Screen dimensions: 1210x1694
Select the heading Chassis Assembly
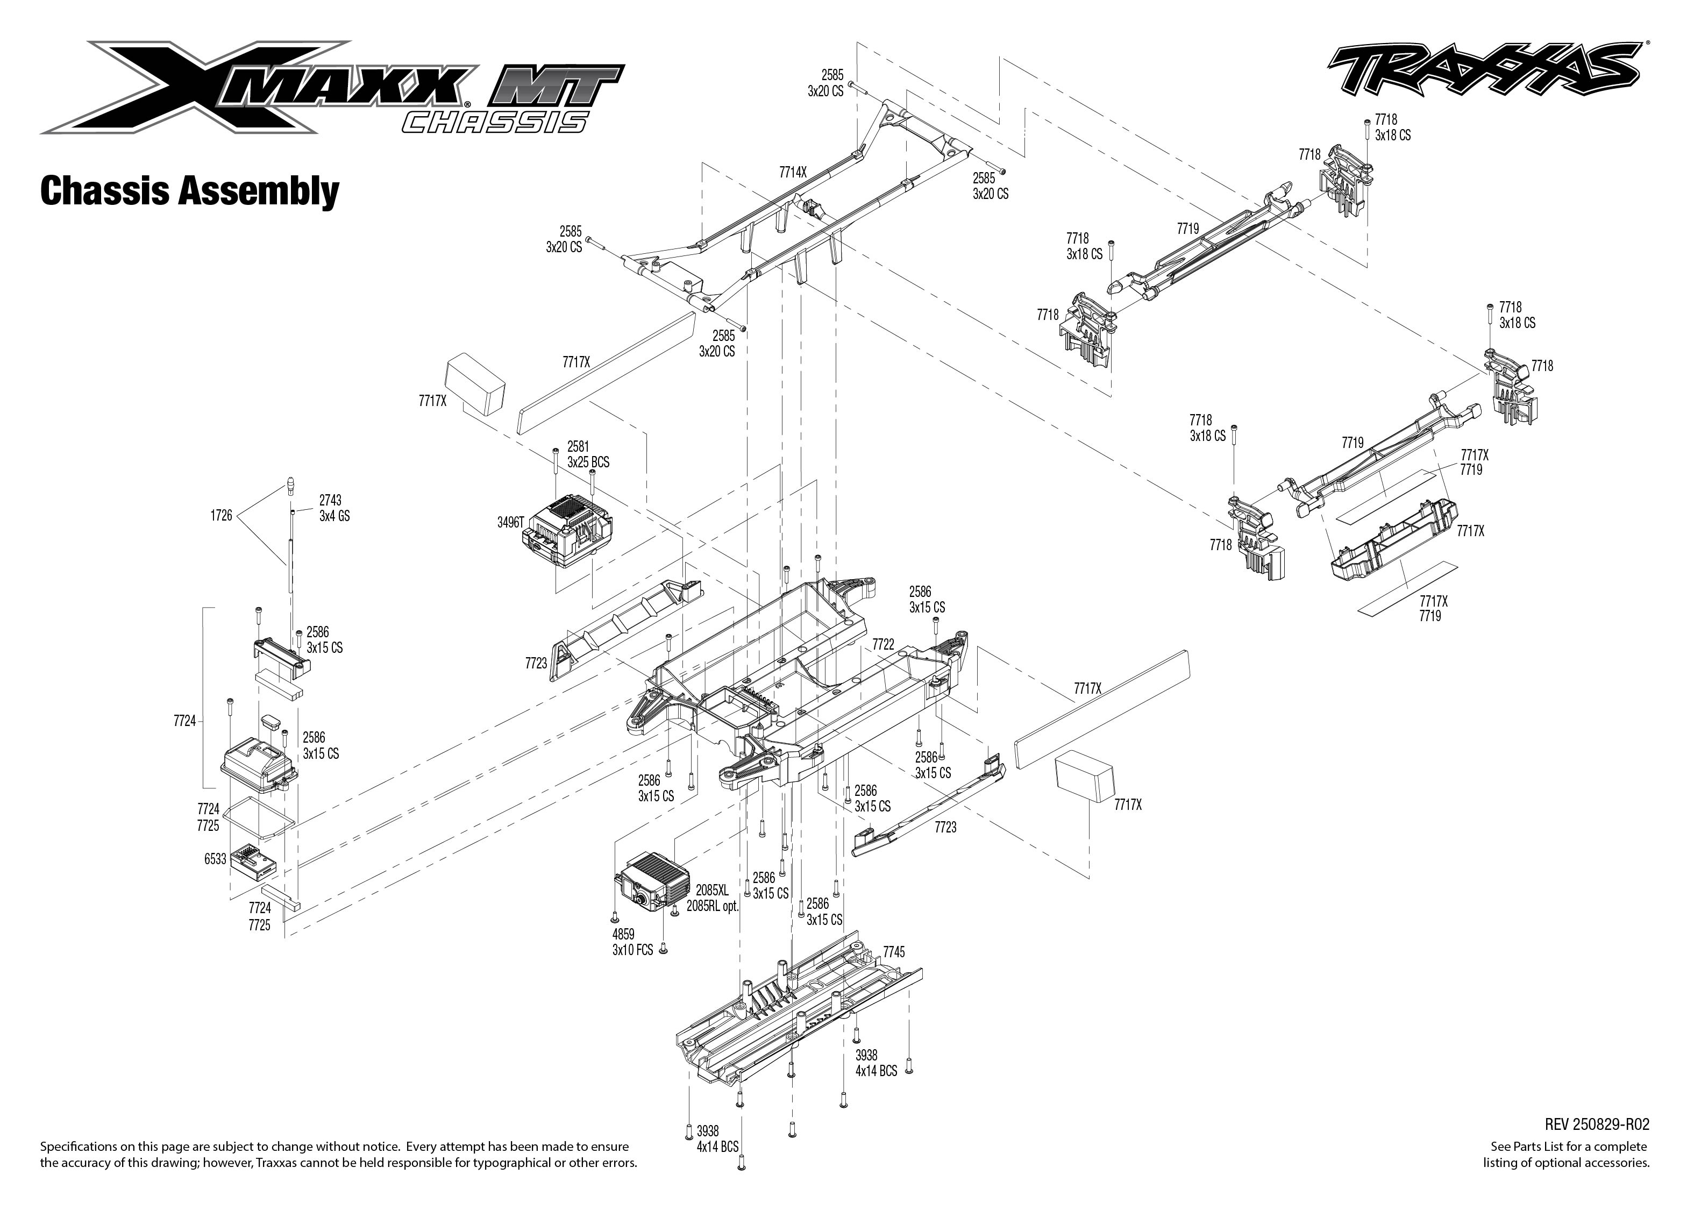point(189,191)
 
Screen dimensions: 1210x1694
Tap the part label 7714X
point(793,172)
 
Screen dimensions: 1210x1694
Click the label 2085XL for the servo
point(711,889)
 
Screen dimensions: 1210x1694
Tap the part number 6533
point(215,859)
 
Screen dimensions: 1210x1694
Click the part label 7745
point(893,952)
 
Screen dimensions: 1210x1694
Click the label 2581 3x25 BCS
point(588,454)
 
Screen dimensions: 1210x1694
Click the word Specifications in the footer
point(75,1147)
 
